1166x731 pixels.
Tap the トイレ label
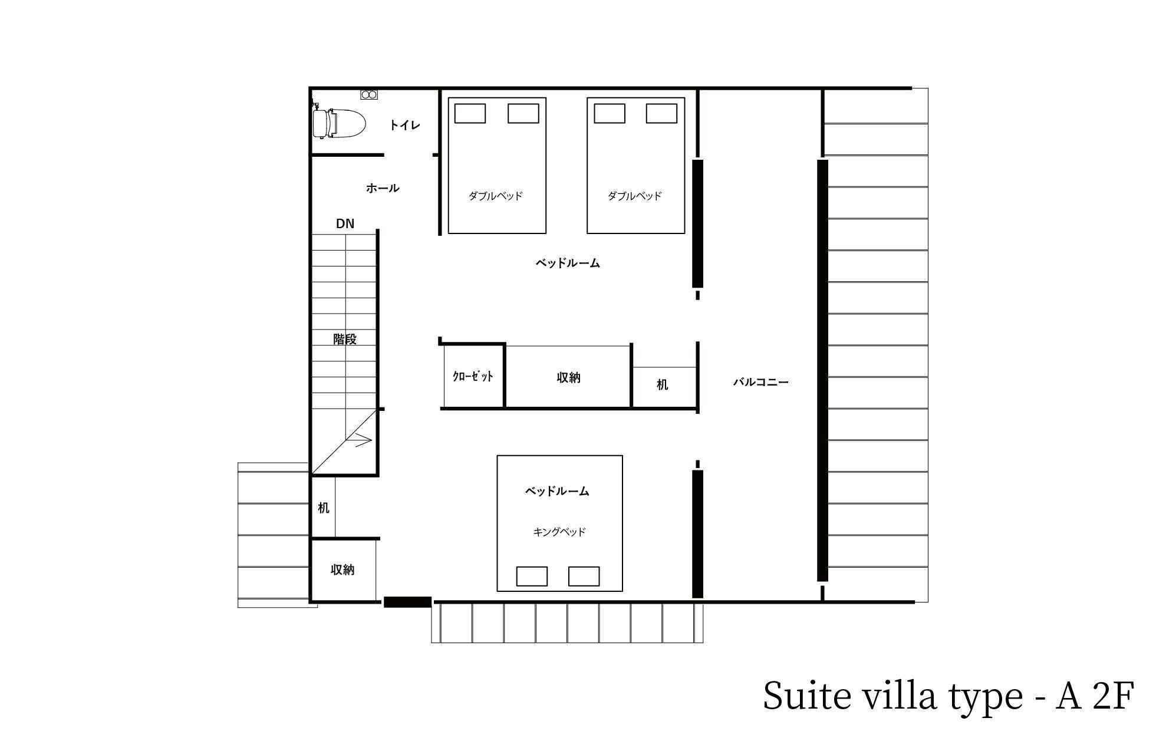pos(405,125)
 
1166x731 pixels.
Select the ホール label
pos(383,188)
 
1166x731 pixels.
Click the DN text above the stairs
pos(345,223)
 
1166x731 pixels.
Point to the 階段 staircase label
pos(345,339)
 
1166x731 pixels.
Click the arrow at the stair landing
pos(360,440)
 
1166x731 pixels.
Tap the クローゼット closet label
pos(473,376)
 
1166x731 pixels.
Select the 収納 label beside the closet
pos(569,377)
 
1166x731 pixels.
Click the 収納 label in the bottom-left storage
pos(342,569)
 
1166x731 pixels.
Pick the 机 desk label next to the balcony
pos(663,384)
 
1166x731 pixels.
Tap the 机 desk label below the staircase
pos(324,508)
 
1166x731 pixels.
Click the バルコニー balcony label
pos(761,382)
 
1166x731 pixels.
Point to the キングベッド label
pos(559,532)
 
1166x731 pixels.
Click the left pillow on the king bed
pos(532,576)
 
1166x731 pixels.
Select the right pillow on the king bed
pos(584,576)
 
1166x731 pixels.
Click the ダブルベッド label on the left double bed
pos(496,196)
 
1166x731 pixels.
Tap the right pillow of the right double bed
pos(661,113)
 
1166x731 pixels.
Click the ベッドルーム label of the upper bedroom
pos(568,263)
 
